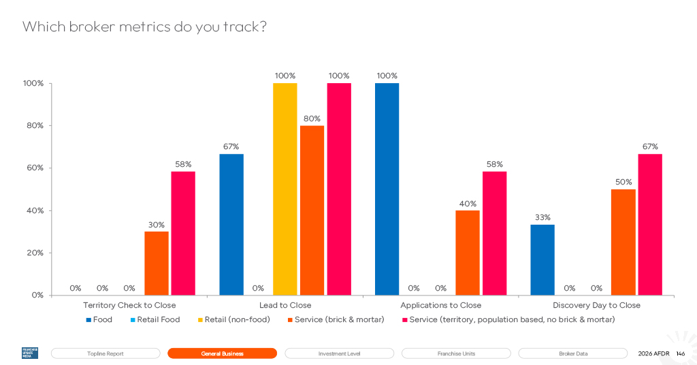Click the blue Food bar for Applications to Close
387,189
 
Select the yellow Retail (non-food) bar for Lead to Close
285,189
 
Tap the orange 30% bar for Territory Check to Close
157,263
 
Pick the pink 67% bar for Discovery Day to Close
650,225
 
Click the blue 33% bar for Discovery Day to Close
542,260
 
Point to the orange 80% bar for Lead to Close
312,210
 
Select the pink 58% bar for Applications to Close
494,234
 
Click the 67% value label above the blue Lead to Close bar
231,146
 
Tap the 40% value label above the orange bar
468,204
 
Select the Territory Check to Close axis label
129,306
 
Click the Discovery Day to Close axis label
596,306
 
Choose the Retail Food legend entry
155,319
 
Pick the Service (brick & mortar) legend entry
336,319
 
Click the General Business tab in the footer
223,353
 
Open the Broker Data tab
573,353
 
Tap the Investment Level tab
339,353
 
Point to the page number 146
681,354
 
